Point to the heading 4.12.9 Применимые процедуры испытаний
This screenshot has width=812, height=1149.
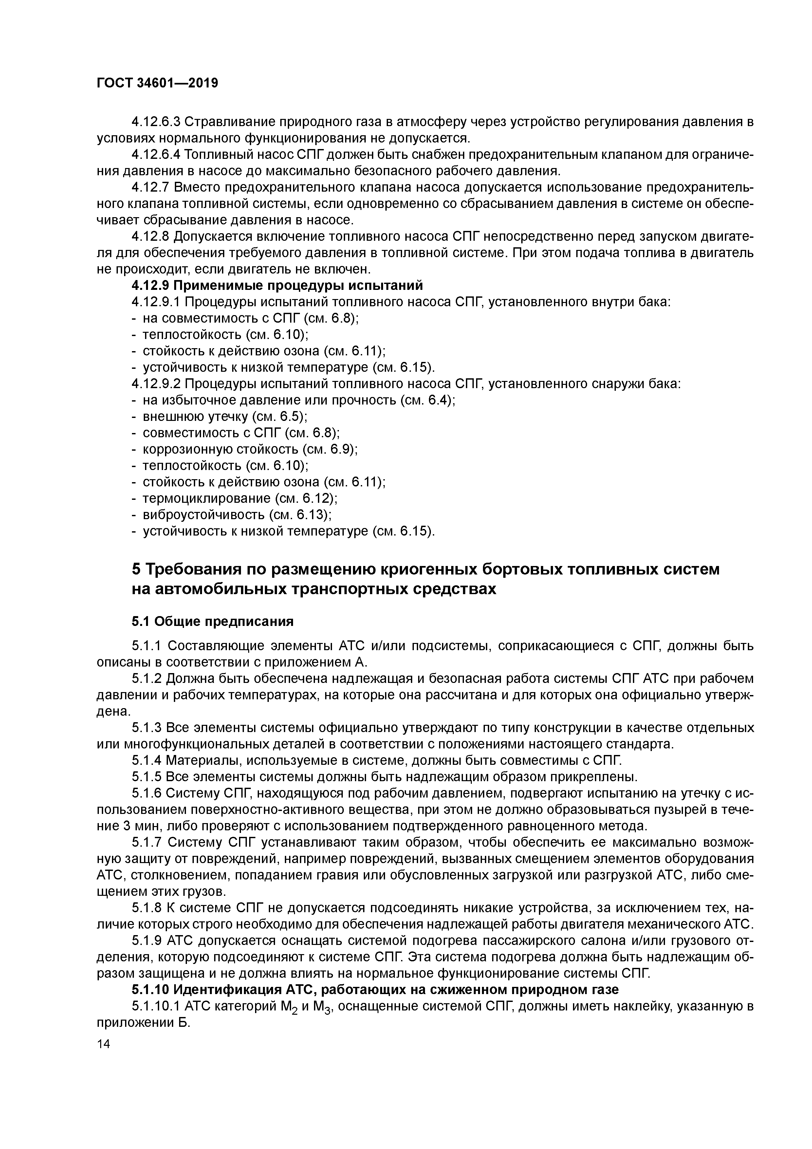coord(277,285)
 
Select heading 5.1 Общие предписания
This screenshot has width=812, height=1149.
coord(212,622)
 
